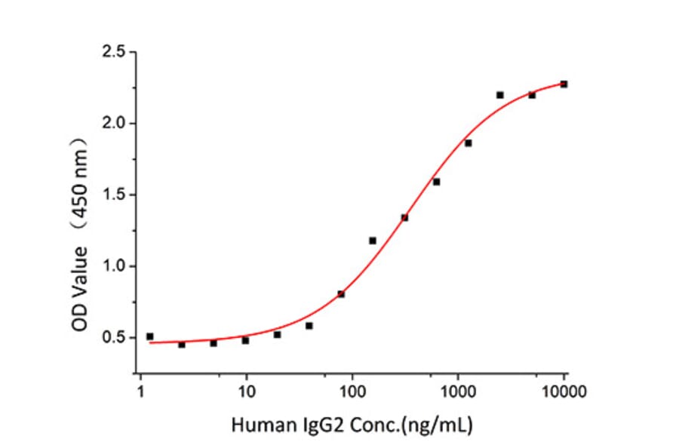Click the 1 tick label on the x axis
point(140,391)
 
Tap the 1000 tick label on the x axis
point(457,391)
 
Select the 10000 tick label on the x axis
point(564,391)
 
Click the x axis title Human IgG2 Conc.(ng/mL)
point(352,425)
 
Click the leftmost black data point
point(149,336)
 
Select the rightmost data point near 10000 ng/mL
point(564,84)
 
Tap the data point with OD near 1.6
point(436,182)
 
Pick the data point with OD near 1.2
point(373,241)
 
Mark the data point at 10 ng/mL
point(245,340)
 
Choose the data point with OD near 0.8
point(341,294)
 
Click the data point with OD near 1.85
point(468,143)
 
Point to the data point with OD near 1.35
point(404,218)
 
